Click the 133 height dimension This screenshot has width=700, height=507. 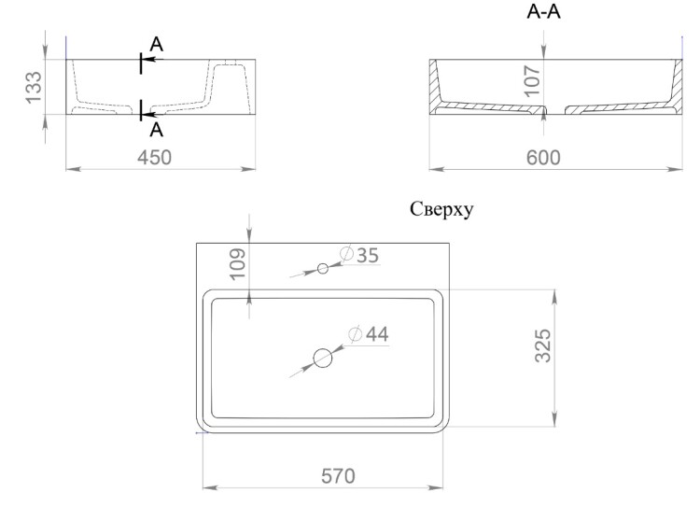[x=34, y=88]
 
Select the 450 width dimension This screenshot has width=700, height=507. [x=154, y=158]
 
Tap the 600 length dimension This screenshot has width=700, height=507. [x=543, y=158]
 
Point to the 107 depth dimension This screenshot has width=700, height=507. [x=532, y=81]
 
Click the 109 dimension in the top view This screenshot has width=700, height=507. [x=237, y=264]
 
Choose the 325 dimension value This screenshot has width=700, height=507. [x=543, y=345]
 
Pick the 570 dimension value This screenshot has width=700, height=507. [x=338, y=476]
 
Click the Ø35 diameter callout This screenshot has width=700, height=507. [x=359, y=255]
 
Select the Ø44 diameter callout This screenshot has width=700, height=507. [x=369, y=334]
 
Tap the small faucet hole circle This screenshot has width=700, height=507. [x=323, y=269]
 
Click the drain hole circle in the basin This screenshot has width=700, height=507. [x=323, y=359]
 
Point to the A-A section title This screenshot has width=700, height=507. [x=543, y=12]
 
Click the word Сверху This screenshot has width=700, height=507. [x=441, y=209]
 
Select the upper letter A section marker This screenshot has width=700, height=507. [x=156, y=44]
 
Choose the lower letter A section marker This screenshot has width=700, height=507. [x=156, y=130]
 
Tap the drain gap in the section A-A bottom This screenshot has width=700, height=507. [x=556, y=110]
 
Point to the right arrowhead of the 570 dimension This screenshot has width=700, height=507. [x=436, y=487]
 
